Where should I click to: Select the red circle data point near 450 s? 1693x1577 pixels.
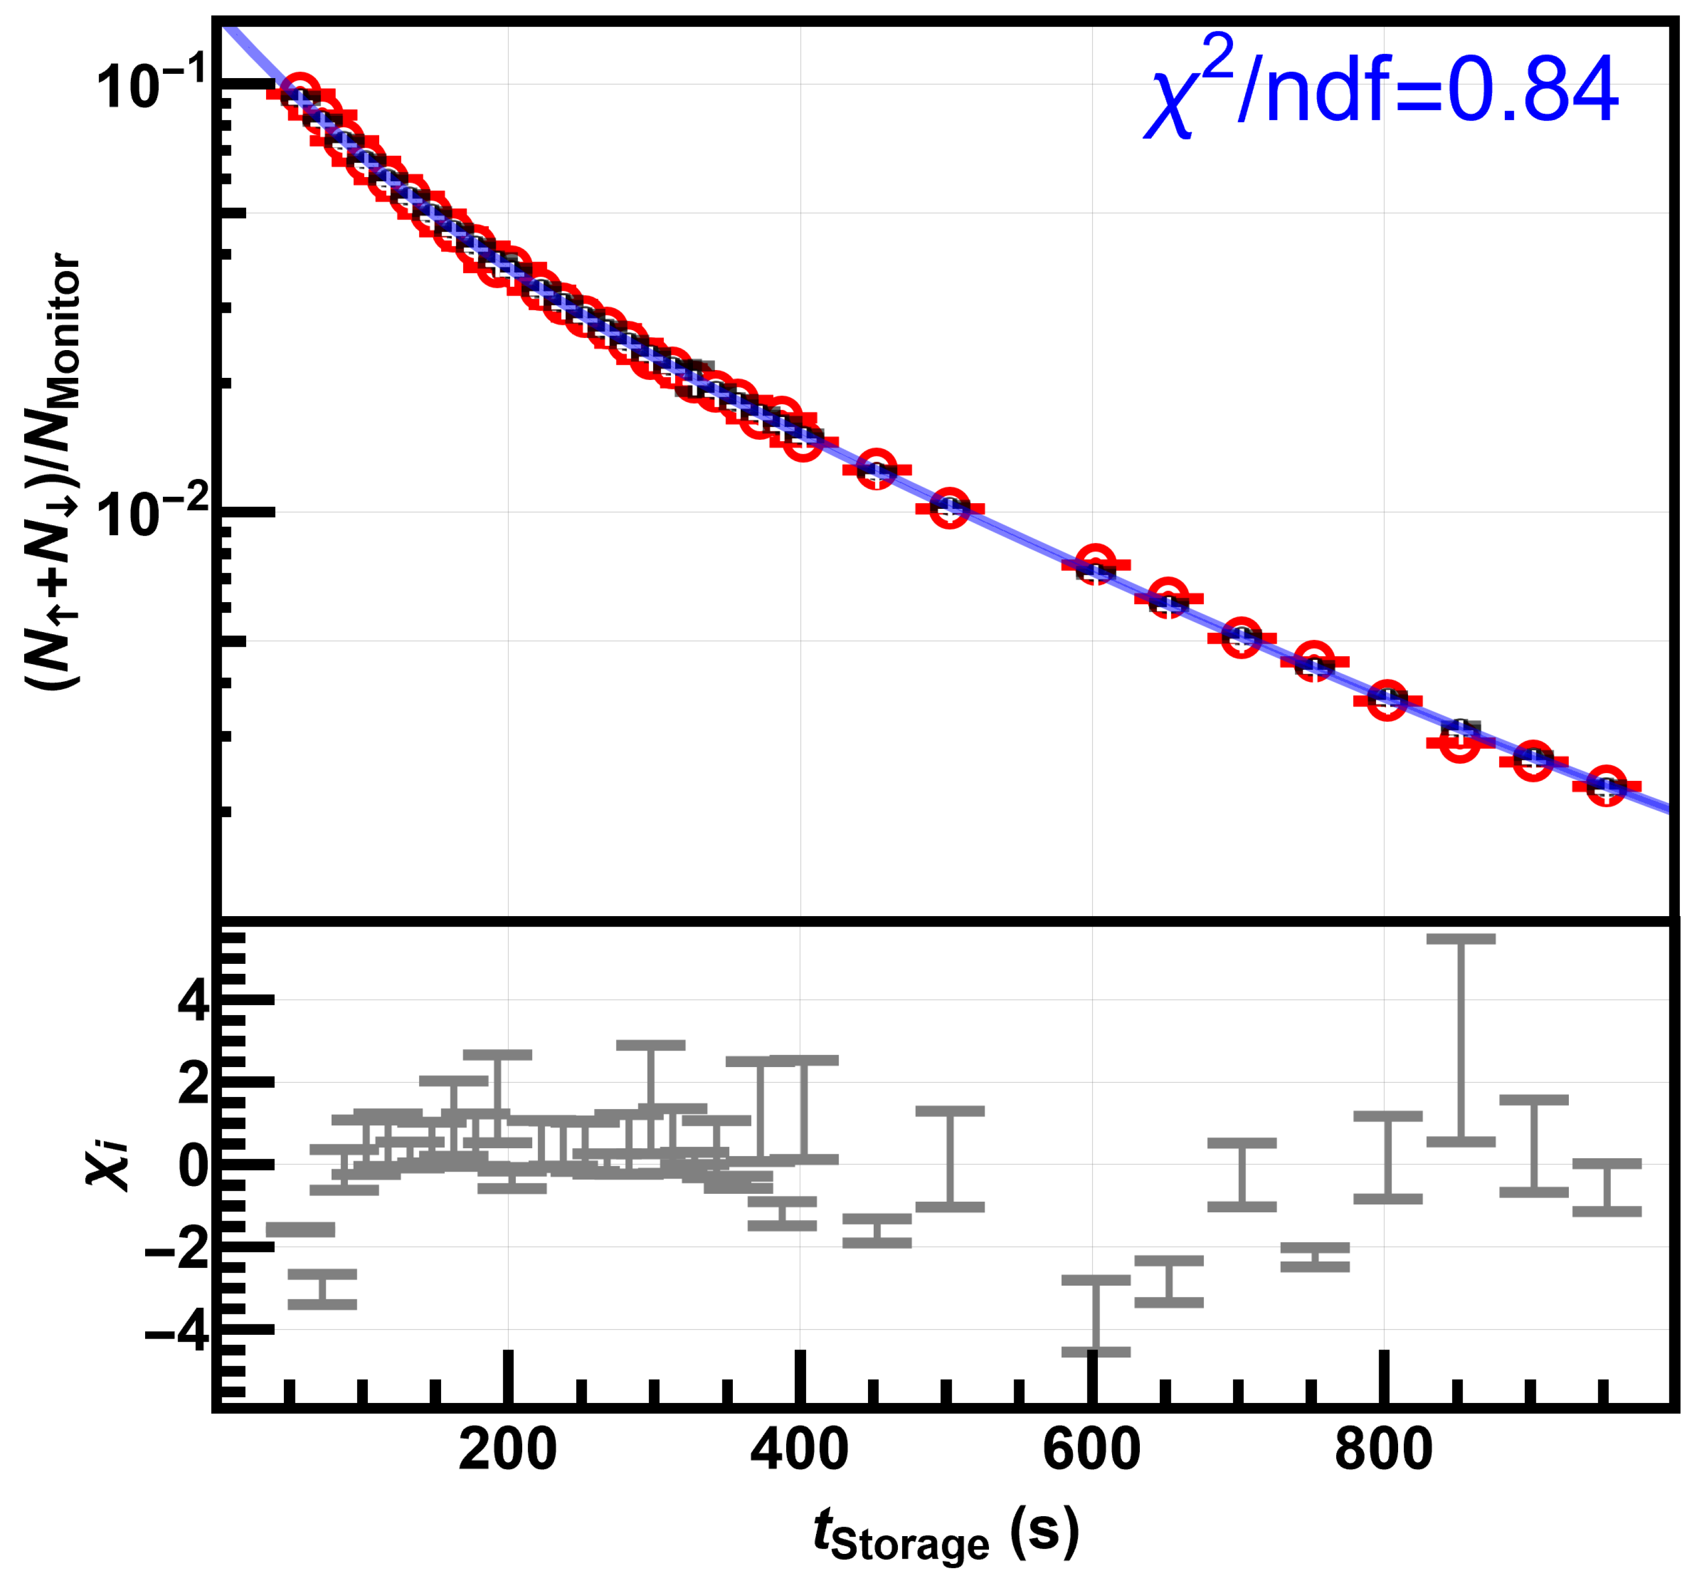pos(876,470)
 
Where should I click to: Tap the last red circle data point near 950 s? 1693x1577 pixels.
pos(1606,786)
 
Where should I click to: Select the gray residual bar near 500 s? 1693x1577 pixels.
pos(950,1159)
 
